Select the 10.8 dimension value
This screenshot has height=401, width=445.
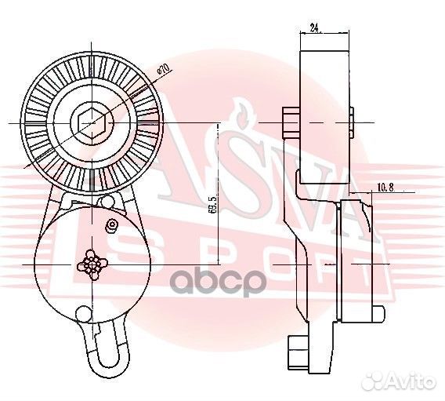(x=385, y=188)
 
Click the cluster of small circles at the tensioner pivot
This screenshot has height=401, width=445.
(x=93, y=265)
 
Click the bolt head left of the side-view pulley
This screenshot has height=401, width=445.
(x=290, y=122)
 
